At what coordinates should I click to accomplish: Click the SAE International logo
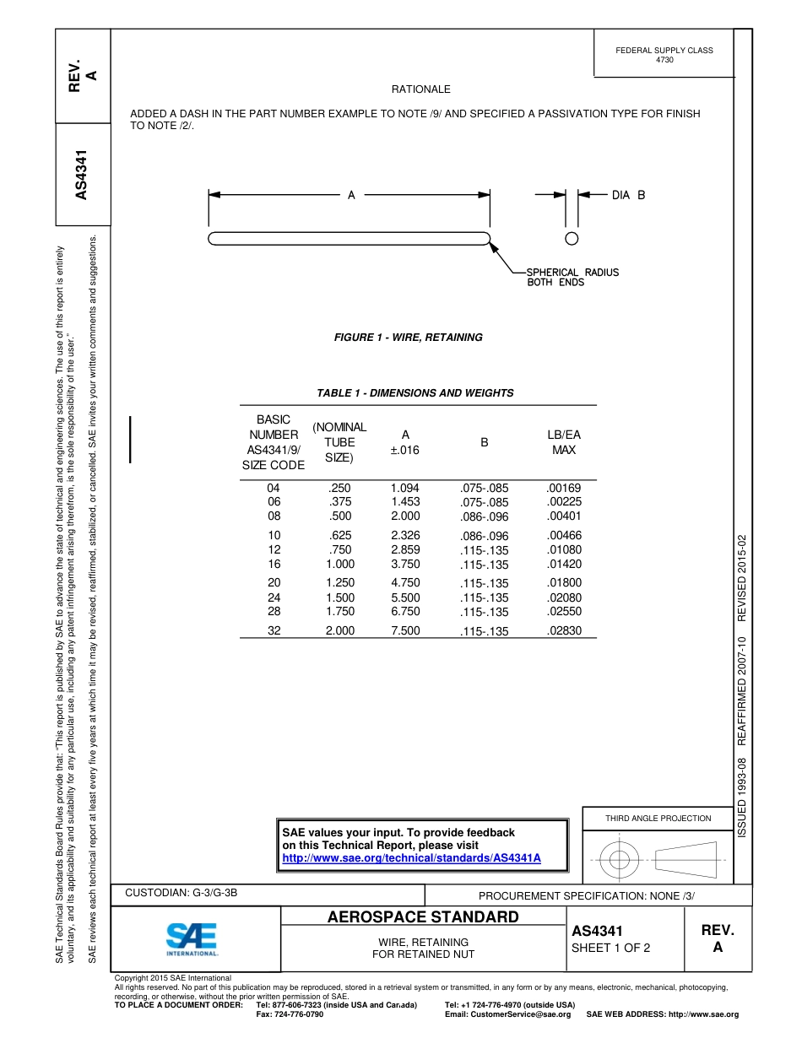192,938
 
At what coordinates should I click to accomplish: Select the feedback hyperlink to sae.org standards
410,857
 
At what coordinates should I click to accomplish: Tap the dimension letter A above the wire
351,195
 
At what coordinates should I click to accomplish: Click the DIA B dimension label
628,195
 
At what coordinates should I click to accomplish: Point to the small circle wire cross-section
572,238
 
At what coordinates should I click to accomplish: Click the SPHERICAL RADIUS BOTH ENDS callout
572,278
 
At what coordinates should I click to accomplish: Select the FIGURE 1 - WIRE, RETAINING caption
409,338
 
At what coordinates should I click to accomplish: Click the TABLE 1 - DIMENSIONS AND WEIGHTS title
415,393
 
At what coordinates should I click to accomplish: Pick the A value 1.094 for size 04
404,488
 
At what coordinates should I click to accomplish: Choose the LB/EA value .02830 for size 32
563,630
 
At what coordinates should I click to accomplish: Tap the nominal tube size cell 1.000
340,564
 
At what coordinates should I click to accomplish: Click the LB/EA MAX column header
563,442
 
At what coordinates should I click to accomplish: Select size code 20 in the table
274,583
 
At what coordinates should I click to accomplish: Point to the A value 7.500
404,630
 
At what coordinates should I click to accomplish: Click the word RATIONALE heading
420,89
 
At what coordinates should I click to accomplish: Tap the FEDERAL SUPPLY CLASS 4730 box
664,55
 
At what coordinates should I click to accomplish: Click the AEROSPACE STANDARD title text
423,917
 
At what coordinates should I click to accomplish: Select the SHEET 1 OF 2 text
610,948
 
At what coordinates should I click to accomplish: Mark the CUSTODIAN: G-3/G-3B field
182,893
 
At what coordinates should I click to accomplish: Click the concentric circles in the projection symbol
620,860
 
